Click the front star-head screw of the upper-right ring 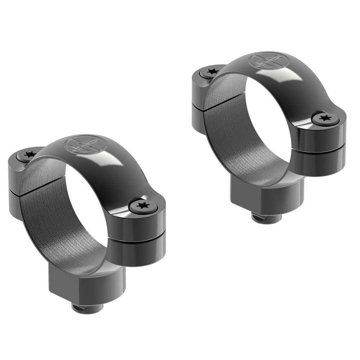pyautogui.click(x=325, y=118)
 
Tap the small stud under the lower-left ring pyautogui.click(x=87, y=307)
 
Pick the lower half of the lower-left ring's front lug pyautogui.click(x=138, y=252)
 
